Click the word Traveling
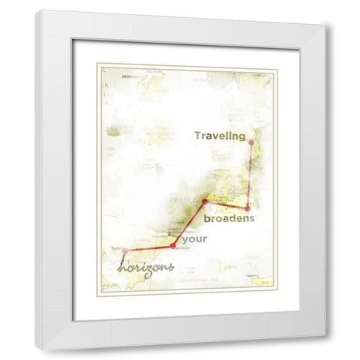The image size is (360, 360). [x=220, y=136]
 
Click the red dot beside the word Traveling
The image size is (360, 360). [x=251, y=142]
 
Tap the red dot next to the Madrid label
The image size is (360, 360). [x=125, y=250]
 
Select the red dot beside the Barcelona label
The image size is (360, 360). [x=173, y=246]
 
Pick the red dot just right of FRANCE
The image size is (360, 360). [x=205, y=201]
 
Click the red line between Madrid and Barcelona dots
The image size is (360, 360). [x=149, y=247]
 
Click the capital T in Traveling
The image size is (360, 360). [x=198, y=136]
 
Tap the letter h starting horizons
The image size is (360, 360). [x=124, y=265]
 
